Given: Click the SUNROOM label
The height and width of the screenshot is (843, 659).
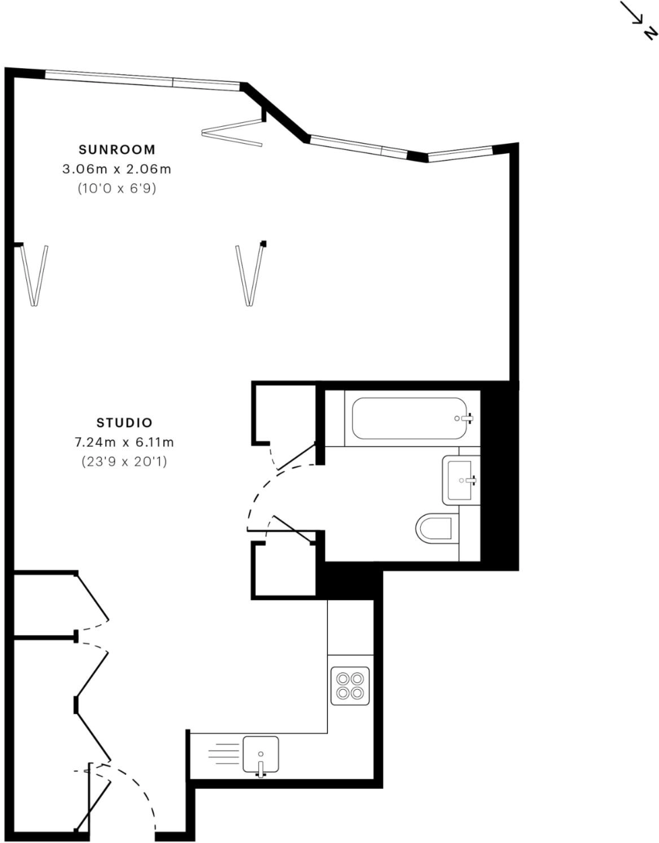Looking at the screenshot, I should (117, 149).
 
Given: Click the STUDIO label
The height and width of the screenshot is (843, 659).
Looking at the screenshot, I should (125, 423).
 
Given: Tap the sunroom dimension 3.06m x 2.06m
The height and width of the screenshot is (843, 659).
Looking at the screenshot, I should (117, 169).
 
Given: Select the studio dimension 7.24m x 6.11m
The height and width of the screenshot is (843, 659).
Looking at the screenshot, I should (125, 443).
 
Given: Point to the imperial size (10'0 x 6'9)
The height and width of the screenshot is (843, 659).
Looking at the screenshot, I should (117, 189).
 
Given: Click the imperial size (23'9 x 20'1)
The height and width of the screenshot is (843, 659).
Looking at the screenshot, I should (125, 462).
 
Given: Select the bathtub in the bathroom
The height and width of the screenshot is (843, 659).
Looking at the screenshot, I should (408, 418).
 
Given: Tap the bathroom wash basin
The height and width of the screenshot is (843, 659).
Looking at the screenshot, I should (461, 479).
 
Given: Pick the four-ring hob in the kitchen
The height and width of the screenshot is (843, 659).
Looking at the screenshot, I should (350, 686).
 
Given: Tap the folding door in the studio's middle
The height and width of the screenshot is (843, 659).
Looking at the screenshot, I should (250, 275).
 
